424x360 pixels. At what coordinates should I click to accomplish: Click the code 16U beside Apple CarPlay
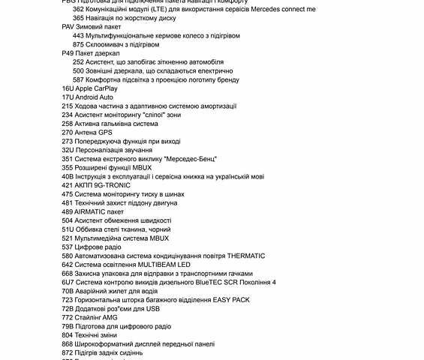tap(68, 88)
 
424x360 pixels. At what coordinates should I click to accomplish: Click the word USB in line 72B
tap(152, 308)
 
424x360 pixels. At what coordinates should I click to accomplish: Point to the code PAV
tap(68, 26)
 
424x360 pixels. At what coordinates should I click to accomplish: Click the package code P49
tap(68, 53)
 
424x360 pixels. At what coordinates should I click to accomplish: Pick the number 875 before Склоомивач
tap(78, 44)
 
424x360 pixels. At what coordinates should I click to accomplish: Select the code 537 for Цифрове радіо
tap(68, 247)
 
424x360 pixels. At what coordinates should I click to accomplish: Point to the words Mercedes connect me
tap(280, 9)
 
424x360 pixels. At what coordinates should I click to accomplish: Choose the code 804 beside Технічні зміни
tap(68, 334)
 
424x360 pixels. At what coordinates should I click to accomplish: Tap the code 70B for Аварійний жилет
tap(68, 291)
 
